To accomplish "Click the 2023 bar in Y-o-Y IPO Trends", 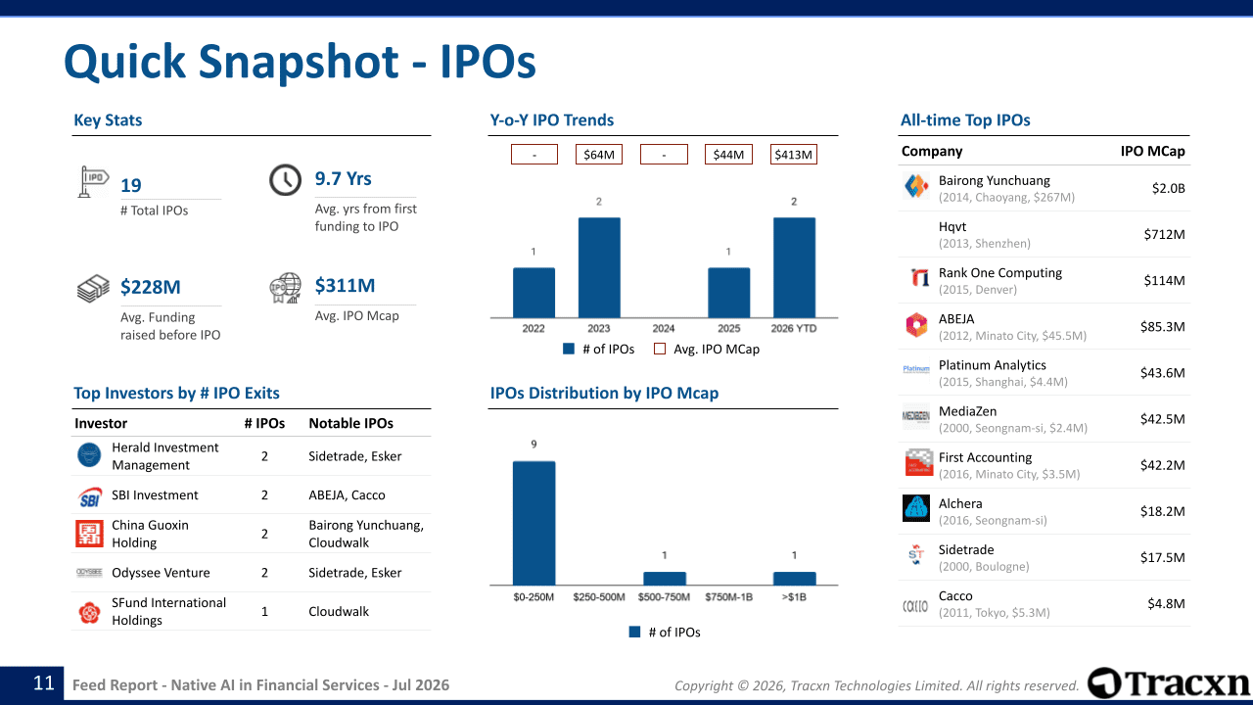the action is [x=599, y=267].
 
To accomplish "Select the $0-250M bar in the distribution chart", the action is [x=534, y=523].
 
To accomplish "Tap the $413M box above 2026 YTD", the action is [x=793, y=155].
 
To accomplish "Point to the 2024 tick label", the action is [x=664, y=328].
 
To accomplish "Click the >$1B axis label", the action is [x=794, y=597].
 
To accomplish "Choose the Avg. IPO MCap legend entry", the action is [x=707, y=350].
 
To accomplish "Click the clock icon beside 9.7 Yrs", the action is [x=285, y=180].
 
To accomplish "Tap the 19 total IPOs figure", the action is [x=131, y=185].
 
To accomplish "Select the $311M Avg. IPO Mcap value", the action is [x=345, y=285].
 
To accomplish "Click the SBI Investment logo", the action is [x=89, y=495].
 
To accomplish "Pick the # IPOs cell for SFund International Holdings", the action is [x=264, y=612].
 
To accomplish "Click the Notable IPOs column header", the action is [x=350, y=424].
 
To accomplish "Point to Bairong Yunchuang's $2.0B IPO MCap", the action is [x=1168, y=188].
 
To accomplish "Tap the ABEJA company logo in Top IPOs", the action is [x=916, y=325].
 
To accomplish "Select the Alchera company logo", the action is [x=916, y=508].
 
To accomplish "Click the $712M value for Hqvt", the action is [x=1164, y=234].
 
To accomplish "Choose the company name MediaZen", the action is [x=968, y=411].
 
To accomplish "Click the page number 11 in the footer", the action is [x=44, y=683].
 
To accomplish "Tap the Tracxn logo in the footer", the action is [x=1169, y=683].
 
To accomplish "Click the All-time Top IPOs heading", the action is [x=965, y=120].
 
